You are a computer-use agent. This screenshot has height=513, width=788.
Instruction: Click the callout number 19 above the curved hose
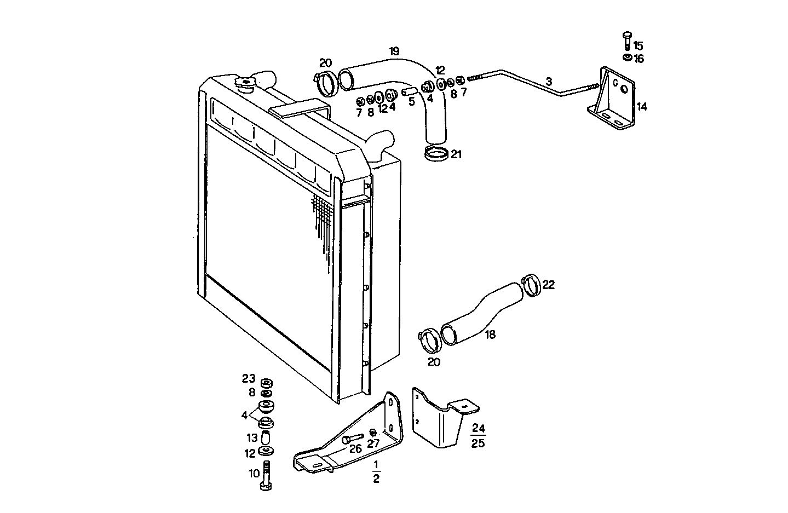click(394, 52)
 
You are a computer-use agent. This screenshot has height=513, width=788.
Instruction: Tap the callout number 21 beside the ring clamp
click(456, 155)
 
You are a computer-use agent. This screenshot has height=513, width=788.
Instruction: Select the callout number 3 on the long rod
click(549, 82)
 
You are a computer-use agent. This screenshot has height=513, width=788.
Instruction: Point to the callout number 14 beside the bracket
click(641, 107)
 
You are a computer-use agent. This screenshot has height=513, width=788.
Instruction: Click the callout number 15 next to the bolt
click(638, 46)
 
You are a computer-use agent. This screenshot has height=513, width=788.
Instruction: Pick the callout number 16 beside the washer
click(639, 59)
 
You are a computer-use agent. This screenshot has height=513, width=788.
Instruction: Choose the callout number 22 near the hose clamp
click(548, 285)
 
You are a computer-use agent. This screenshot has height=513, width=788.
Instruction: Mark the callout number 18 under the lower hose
click(490, 335)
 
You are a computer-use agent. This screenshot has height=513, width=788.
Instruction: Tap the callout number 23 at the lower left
click(249, 378)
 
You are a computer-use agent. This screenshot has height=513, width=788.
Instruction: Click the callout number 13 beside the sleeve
click(251, 438)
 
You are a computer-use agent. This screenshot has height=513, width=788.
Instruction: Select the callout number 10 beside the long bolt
click(254, 474)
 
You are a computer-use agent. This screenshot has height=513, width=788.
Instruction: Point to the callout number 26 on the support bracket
click(355, 449)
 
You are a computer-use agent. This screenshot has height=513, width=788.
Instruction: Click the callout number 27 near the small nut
click(373, 444)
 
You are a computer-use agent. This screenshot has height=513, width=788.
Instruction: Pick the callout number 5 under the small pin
click(412, 101)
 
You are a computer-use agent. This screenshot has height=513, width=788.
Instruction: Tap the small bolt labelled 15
click(627, 41)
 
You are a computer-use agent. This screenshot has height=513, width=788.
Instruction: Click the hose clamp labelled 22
click(531, 284)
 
